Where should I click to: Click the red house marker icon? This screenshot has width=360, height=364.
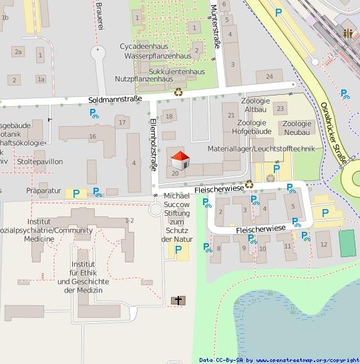180,161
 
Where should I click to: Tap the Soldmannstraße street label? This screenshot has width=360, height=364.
115,100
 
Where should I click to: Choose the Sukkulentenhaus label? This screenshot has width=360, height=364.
176,71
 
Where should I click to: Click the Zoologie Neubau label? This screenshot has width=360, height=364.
297,128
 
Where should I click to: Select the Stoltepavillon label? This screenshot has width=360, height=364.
39,162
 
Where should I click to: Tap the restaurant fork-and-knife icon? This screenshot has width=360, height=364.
347,33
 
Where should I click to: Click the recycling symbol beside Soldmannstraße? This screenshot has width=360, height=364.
178,93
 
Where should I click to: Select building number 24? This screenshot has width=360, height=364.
269,77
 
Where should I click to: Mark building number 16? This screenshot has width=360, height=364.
92,136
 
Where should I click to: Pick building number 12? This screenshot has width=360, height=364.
324,244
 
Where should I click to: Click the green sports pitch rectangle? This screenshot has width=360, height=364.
347,243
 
